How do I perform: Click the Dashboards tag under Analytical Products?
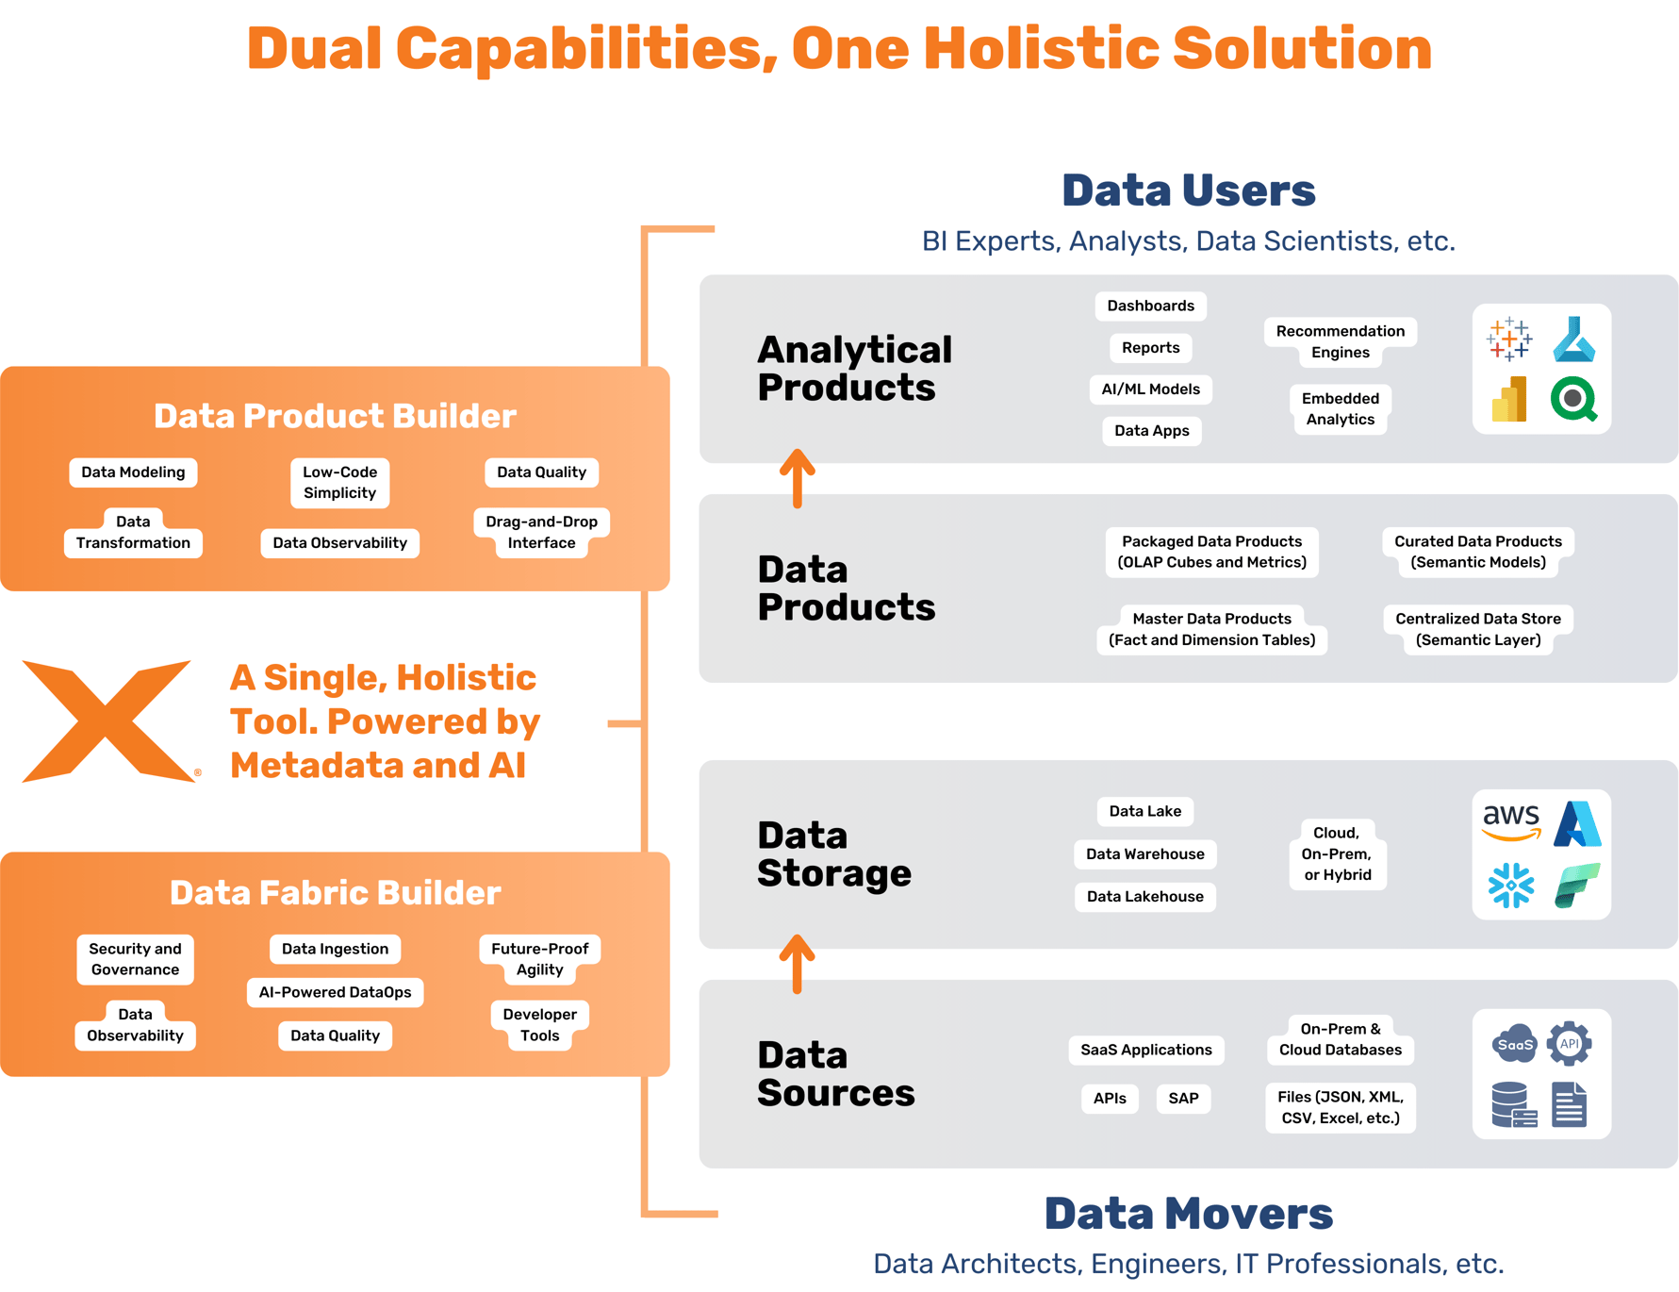[x=1150, y=306]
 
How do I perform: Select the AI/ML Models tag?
[x=1150, y=389]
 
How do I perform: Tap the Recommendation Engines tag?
[x=1340, y=341]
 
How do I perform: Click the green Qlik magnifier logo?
[x=1573, y=400]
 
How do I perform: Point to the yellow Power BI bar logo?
[x=1509, y=400]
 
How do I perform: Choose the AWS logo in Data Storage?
[x=1510, y=821]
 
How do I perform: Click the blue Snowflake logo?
[x=1510, y=886]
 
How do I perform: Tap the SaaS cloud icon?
[x=1514, y=1044]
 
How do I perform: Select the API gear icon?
[x=1570, y=1043]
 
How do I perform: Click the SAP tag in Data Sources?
[x=1183, y=1099]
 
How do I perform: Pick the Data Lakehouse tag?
[x=1144, y=897]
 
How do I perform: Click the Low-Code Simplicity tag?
[x=339, y=483]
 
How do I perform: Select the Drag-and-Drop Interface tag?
[x=541, y=533]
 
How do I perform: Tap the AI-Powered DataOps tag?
[x=335, y=992]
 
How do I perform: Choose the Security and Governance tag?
[x=135, y=959]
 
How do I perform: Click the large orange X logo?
[x=108, y=721]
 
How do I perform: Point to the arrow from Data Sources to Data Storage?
[x=798, y=964]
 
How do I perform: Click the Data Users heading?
[x=1188, y=190]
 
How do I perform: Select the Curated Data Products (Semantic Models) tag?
[x=1477, y=552]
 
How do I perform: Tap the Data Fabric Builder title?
[x=335, y=893]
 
